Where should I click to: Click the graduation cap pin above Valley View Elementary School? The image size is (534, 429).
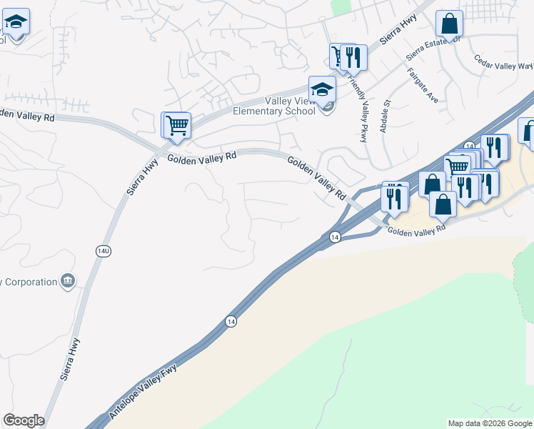pyautogui.click(x=322, y=89)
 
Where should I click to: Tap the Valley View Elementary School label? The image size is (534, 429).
pyautogui.click(x=274, y=106)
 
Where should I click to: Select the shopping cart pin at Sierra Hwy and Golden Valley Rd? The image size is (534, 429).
pyautogui.click(x=176, y=125)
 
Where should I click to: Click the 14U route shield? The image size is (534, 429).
pyautogui.click(x=103, y=250)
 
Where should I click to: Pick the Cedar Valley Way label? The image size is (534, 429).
pyautogui.click(x=503, y=66)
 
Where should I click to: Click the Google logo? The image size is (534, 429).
pyautogui.click(x=24, y=420)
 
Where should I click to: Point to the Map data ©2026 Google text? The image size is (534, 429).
pyautogui.click(x=490, y=423)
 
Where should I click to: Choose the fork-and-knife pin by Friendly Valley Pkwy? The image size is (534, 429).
pyautogui.click(x=353, y=56)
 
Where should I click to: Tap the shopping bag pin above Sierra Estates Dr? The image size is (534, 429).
pyautogui.click(x=450, y=24)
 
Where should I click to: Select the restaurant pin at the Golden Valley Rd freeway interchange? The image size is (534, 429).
pyautogui.click(x=394, y=198)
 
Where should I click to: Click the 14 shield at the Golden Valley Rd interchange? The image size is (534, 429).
pyautogui.click(x=333, y=237)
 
